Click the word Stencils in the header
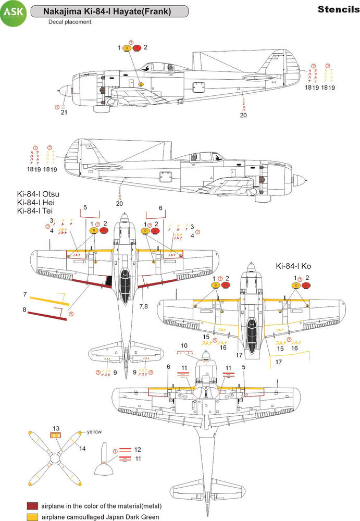click(x=336, y=9)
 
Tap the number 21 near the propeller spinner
click(x=64, y=112)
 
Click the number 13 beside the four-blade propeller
click(x=56, y=427)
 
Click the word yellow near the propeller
click(x=94, y=432)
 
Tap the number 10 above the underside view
click(x=183, y=345)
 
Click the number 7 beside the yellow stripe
click(x=24, y=294)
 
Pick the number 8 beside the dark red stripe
click(x=24, y=309)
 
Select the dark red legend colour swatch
click(x=34, y=506)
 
